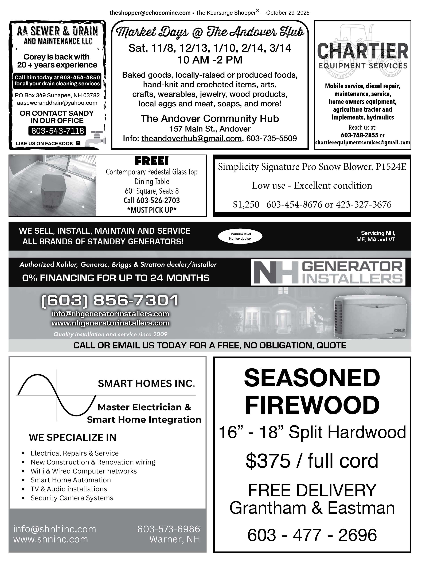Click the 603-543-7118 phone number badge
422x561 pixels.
(x=57, y=131)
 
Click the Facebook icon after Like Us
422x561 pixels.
(x=78, y=143)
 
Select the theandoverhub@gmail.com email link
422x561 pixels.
(x=191, y=138)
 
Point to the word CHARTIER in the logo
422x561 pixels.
(x=362, y=51)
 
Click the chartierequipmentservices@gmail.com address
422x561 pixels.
(x=362, y=142)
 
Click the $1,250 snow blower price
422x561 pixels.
(x=246, y=204)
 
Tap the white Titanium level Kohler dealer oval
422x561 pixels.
(x=240, y=236)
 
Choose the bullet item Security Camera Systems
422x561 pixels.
(x=72, y=498)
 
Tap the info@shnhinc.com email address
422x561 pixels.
(x=54, y=529)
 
